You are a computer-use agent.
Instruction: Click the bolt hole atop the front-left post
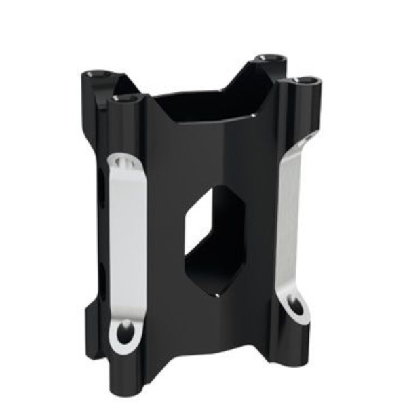click(125, 98)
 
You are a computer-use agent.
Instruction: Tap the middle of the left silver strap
click(127, 244)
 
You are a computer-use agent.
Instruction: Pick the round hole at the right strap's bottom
click(296, 306)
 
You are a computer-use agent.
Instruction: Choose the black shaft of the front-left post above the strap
click(129, 129)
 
